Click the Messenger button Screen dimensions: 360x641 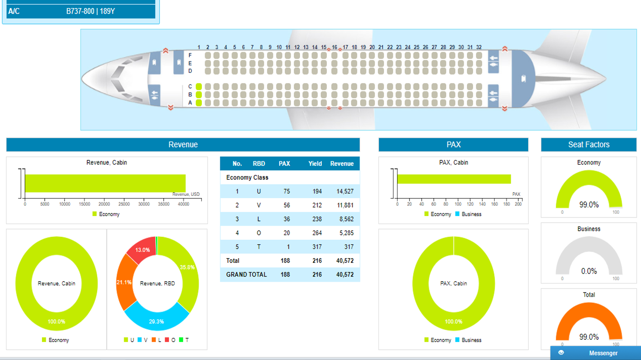tap(596, 353)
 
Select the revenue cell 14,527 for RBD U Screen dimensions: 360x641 tap(344, 192)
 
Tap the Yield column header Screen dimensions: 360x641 tap(315, 164)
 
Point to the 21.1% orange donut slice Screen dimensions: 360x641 tap(125, 282)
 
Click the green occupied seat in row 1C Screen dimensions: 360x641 tap(199, 86)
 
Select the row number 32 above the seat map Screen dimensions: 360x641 tap(479, 47)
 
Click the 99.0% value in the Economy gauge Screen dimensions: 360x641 tap(589, 205)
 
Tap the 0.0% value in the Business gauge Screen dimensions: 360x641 tap(589, 271)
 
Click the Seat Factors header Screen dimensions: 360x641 tap(589, 145)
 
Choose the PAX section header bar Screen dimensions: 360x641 tap(453, 145)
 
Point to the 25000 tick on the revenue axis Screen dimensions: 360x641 tap(124, 204)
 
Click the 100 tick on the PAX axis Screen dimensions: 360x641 tap(458, 204)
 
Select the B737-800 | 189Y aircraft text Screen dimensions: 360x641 tap(91, 11)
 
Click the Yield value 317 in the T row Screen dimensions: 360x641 tap(316, 247)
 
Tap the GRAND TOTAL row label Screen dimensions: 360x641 tap(246, 275)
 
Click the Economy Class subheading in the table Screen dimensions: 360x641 tap(247, 178)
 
